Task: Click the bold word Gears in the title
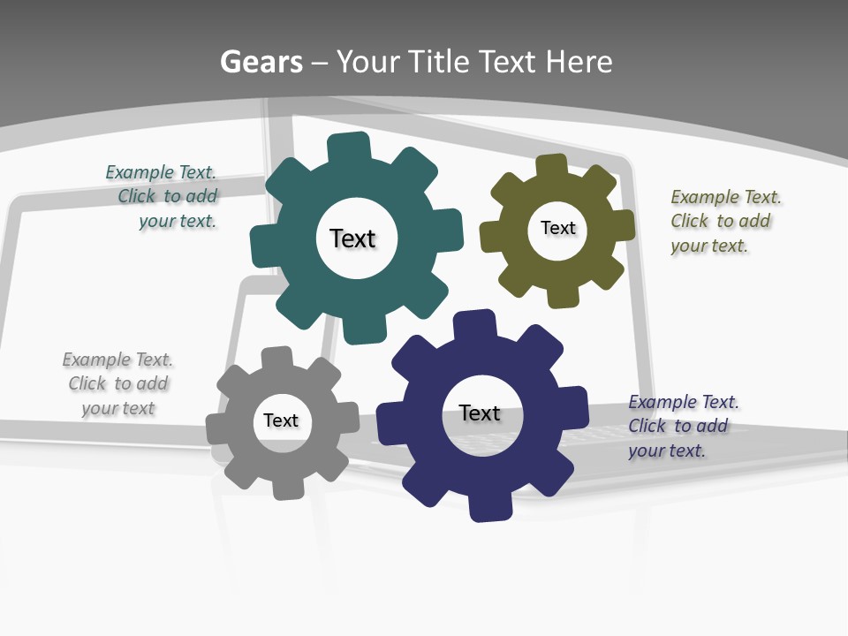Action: click(261, 62)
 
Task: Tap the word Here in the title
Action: click(579, 62)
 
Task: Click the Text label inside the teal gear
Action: click(352, 238)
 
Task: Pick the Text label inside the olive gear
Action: click(557, 228)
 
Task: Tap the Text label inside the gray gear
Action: click(281, 420)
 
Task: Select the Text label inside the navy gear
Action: click(480, 413)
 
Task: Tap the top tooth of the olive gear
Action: click(551, 166)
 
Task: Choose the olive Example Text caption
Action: click(724, 221)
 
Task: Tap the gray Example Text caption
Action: click(117, 383)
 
